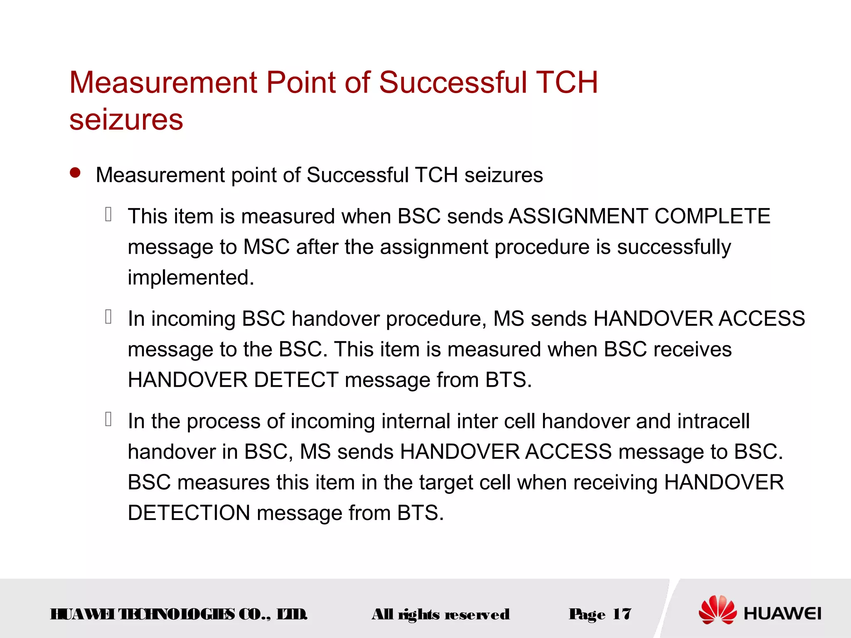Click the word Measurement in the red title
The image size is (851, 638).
(x=163, y=83)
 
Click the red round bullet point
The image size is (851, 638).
(x=75, y=173)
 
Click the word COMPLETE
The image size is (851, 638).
(x=712, y=216)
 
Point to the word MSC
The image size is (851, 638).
(x=266, y=247)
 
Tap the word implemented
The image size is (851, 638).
(x=190, y=277)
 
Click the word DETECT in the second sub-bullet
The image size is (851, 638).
(x=296, y=380)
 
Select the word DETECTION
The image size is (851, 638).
(x=189, y=513)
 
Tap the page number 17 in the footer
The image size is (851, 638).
(x=622, y=614)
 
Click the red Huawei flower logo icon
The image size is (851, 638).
(x=717, y=610)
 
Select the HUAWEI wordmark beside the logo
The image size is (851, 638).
(x=782, y=613)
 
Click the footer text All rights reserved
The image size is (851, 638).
(x=440, y=614)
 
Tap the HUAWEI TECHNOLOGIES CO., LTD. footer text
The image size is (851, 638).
(x=179, y=614)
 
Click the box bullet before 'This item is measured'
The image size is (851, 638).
(x=108, y=214)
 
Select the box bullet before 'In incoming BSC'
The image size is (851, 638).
(x=108, y=317)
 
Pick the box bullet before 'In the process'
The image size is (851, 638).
(x=108, y=420)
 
